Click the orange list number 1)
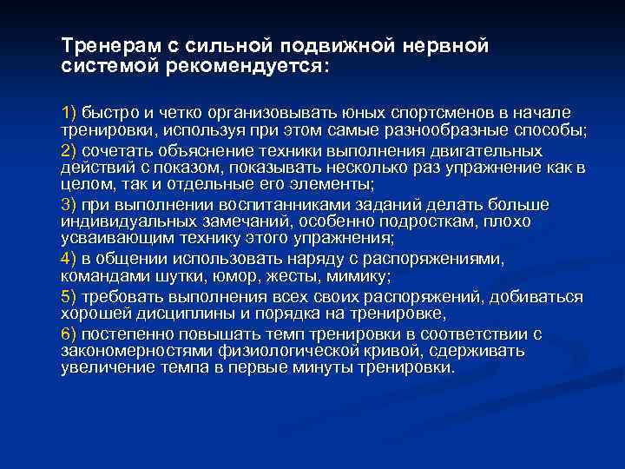click(69, 114)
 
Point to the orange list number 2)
click(69, 150)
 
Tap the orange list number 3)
click(69, 205)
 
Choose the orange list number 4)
click(69, 259)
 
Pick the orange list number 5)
click(69, 296)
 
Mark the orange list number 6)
click(69, 333)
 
